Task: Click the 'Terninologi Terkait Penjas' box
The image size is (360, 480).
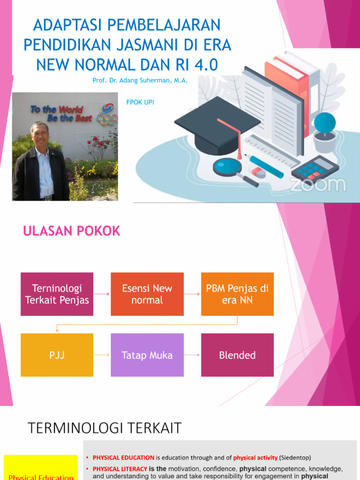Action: pyautogui.click(x=57, y=294)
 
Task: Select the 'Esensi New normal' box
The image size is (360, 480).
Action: pyautogui.click(x=147, y=294)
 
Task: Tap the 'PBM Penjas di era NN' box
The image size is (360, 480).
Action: pyautogui.click(x=237, y=294)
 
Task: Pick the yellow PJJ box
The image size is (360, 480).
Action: pyautogui.click(x=57, y=355)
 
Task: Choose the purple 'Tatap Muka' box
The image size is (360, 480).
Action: pyautogui.click(x=147, y=355)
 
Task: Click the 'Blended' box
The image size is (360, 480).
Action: pyautogui.click(x=237, y=355)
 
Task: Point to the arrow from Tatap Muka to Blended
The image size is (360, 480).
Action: pyautogui.click(x=192, y=355)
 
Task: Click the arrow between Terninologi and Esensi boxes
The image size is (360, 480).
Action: pyautogui.click(x=102, y=294)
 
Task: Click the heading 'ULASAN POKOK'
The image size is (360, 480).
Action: pyautogui.click(x=72, y=231)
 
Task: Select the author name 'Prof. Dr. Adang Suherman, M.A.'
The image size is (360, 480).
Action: pyautogui.click(x=140, y=80)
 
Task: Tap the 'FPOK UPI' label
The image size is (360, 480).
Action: pyautogui.click(x=140, y=102)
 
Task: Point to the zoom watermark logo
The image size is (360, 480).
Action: pyautogui.click(x=317, y=184)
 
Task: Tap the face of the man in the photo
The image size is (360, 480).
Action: pyautogui.click(x=40, y=135)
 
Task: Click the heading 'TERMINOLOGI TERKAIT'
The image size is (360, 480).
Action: pyautogui.click(x=105, y=428)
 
